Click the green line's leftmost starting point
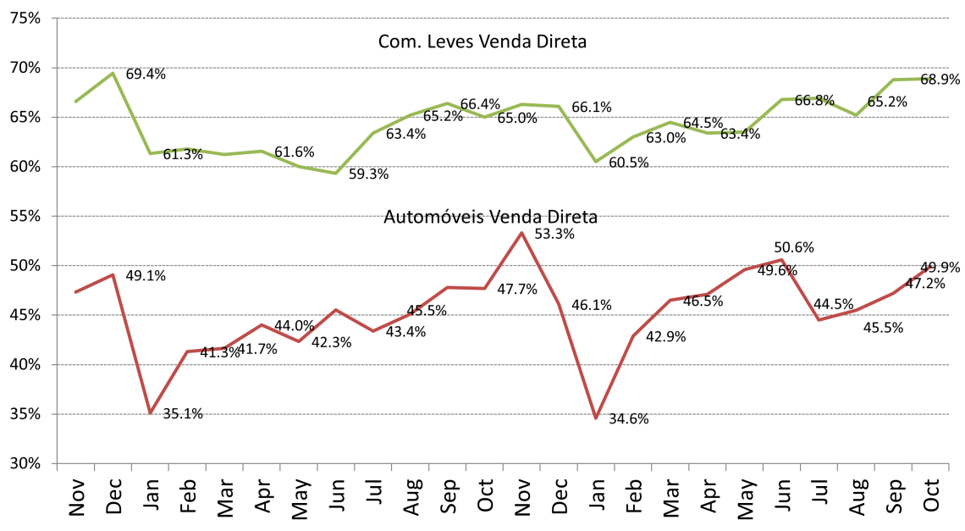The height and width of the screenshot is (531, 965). tap(75, 102)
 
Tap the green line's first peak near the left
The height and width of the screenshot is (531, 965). tap(113, 73)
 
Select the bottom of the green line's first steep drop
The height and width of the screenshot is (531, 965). tap(150, 153)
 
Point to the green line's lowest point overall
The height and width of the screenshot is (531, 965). tap(336, 174)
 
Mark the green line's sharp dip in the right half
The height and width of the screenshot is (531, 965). tap(596, 162)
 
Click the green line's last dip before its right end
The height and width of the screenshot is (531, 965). tap(856, 115)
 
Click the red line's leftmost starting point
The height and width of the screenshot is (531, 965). tap(75, 292)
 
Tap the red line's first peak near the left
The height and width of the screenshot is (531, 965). tap(113, 274)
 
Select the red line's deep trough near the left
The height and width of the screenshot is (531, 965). tap(150, 412)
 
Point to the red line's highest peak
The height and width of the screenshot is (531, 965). tap(521, 232)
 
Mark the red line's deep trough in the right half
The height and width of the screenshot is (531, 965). tap(596, 418)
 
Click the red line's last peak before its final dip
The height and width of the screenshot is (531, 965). tap(781, 260)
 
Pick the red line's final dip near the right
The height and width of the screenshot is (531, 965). tap(819, 320)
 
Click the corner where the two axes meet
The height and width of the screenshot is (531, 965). tap(57, 463)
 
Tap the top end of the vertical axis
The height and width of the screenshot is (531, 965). tap(57, 18)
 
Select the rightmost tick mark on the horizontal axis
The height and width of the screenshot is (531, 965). tap(948, 467)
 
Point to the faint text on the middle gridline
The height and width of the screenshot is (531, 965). tap(491, 216)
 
